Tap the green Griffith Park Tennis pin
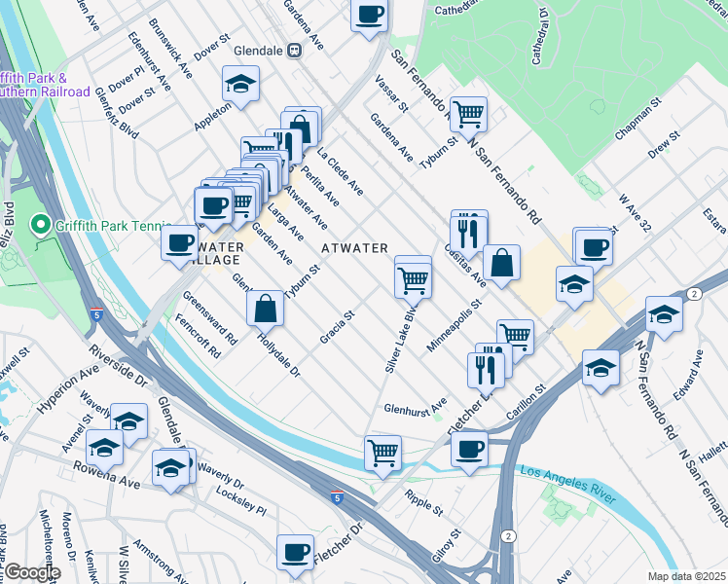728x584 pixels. point(41,227)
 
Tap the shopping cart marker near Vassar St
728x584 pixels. point(469,114)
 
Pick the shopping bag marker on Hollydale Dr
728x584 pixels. point(265,309)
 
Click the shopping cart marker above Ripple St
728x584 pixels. point(382,453)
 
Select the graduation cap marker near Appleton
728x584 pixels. point(240,85)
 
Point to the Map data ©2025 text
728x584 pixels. point(686,576)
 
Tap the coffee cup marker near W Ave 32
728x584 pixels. point(593,245)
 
